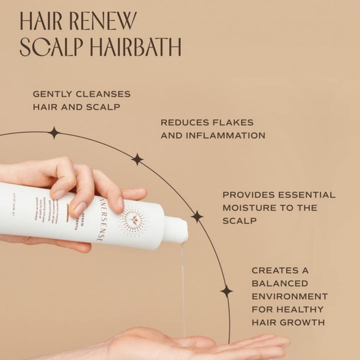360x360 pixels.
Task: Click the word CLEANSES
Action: pyautogui.click(x=103, y=94)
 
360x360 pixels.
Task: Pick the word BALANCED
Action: pyautogui.click(x=280, y=283)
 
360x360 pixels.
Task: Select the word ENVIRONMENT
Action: pyautogui.click(x=290, y=296)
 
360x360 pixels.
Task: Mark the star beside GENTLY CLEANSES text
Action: pyautogui.click(x=54, y=133)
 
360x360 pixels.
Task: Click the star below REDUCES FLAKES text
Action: pyautogui.click(x=137, y=159)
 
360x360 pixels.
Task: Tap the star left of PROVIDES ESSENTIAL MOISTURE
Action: pyautogui.click(x=197, y=216)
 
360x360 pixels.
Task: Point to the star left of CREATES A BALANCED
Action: pyautogui.click(x=227, y=291)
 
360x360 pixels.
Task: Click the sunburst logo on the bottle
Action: pyautogui.click(x=134, y=221)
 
